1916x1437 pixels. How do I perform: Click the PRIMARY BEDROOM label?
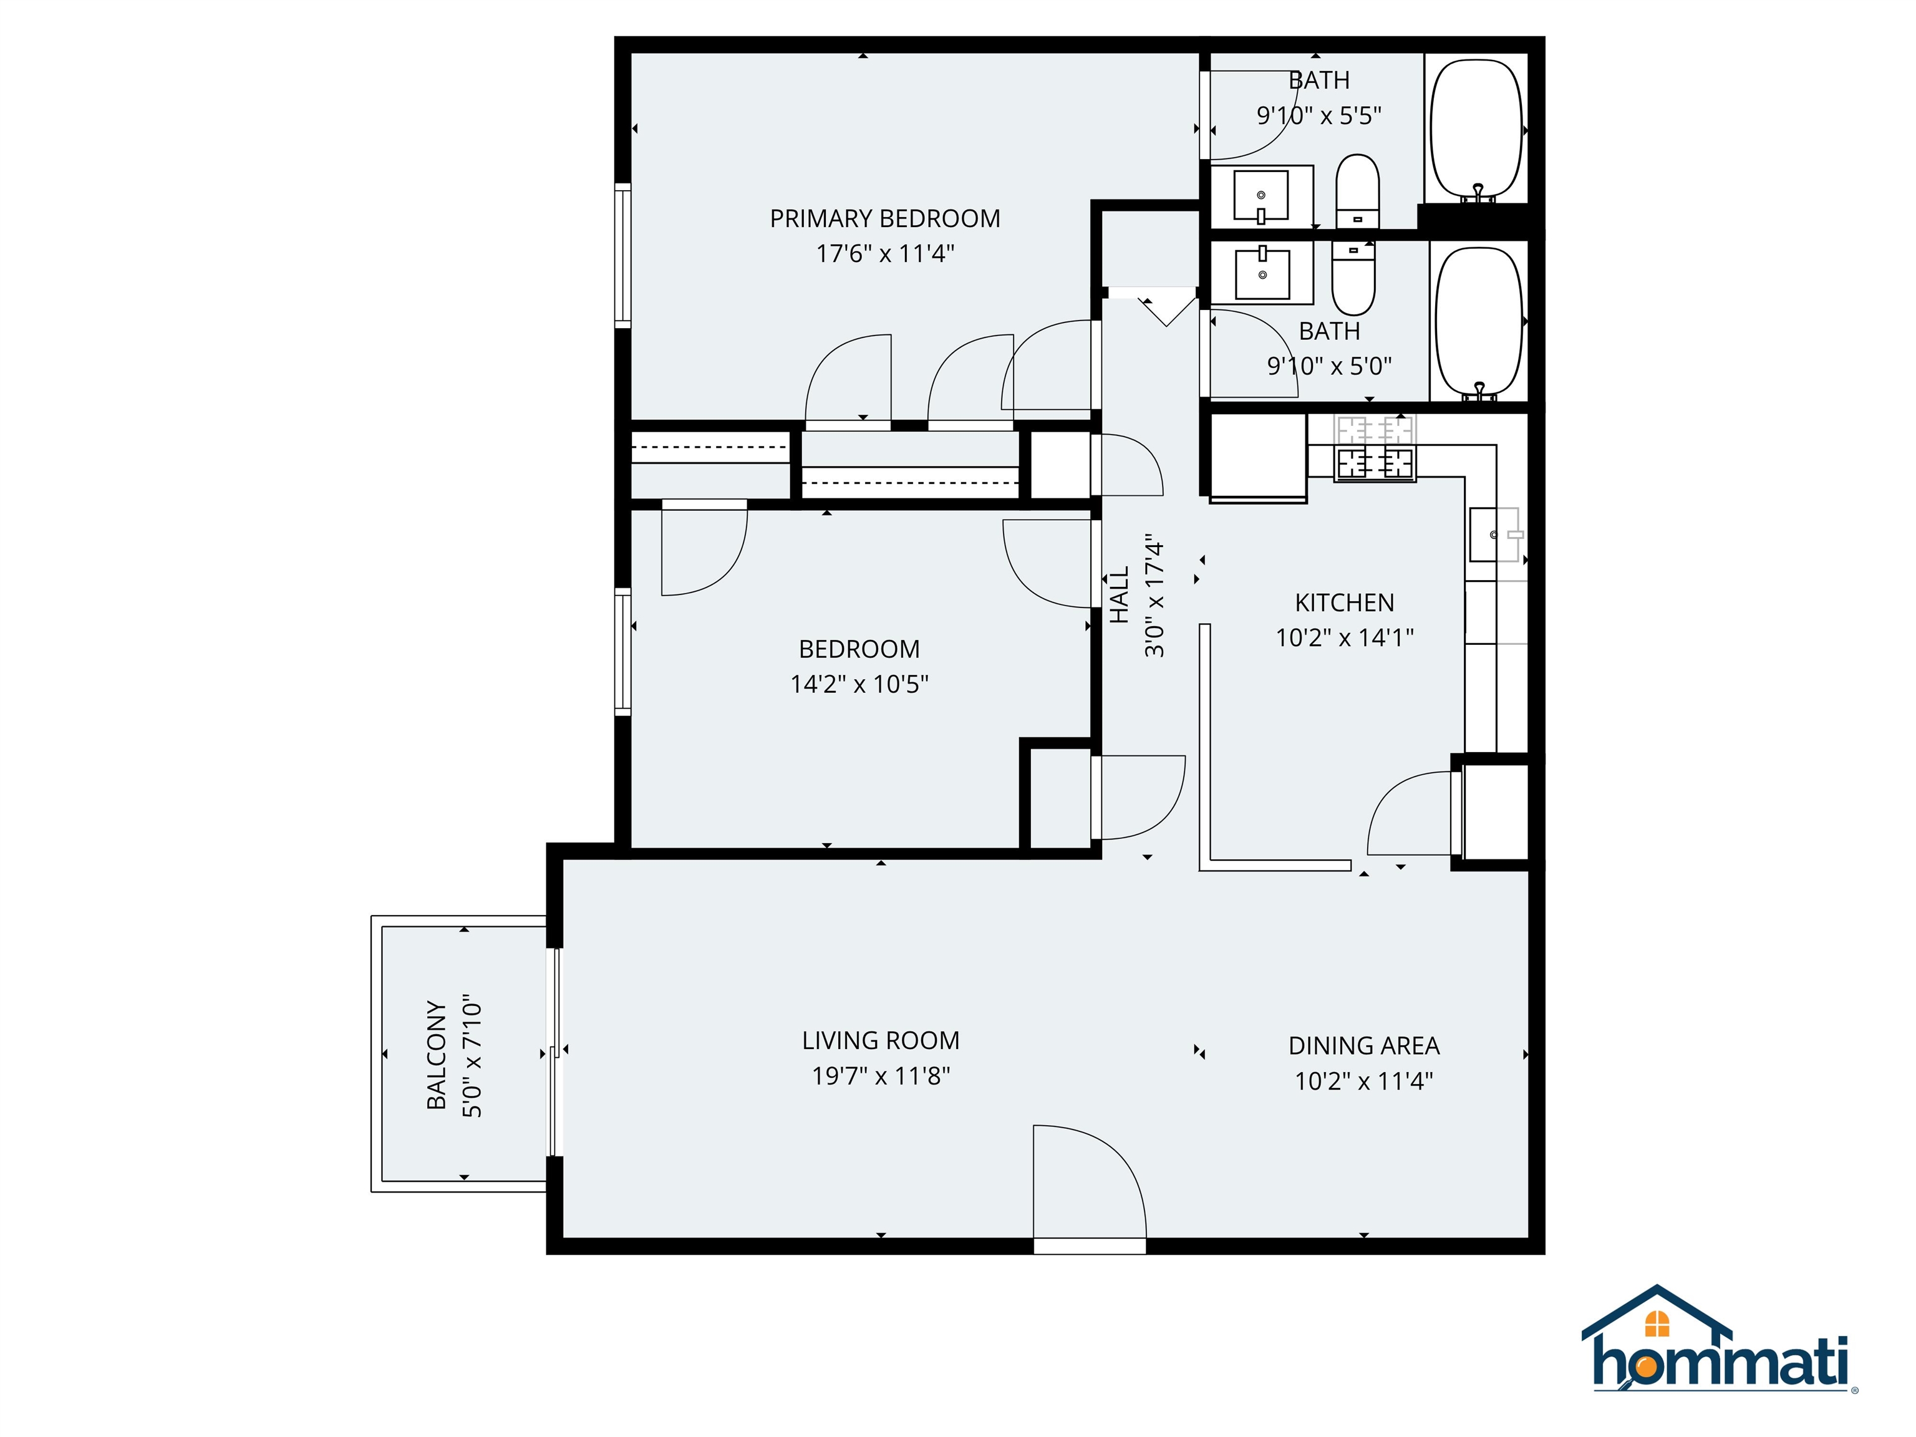point(884,218)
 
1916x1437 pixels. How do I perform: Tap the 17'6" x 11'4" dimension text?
point(884,254)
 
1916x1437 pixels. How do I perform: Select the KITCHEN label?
point(1343,603)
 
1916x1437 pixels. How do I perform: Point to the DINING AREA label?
point(1363,1045)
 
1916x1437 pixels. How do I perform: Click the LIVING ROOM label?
point(880,1040)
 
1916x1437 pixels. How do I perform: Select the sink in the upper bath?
point(1261,196)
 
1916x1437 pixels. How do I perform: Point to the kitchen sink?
point(1495,535)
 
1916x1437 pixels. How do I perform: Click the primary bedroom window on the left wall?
point(623,256)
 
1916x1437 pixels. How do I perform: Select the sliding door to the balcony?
point(555,1052)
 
